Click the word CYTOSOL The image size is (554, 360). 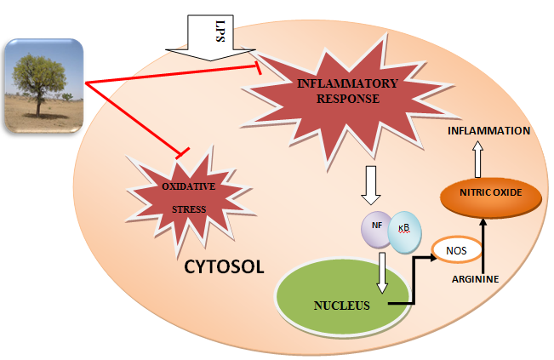point(224,266)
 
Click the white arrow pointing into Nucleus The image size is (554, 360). point(385,271)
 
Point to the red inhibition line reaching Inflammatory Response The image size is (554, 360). point(170,74)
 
